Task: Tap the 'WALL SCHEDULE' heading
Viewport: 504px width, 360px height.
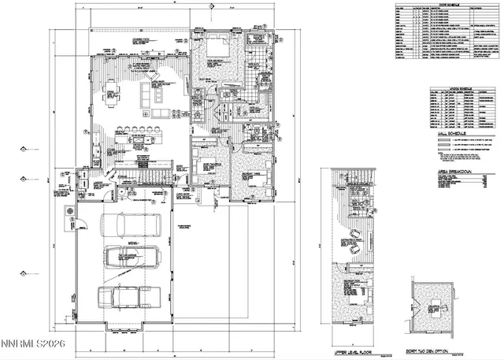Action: click(449, 135)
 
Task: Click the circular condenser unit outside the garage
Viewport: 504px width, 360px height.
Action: click(69, 213)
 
